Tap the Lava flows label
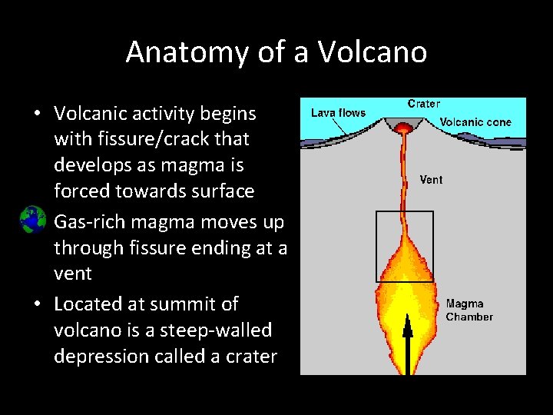(338, 113)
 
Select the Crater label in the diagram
(423, 104)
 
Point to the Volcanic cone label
(475, 122)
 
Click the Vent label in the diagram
(431, 180)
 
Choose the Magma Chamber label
(469, 310)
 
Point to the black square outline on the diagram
(376, 246)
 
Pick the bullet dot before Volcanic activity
(36, 115)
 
